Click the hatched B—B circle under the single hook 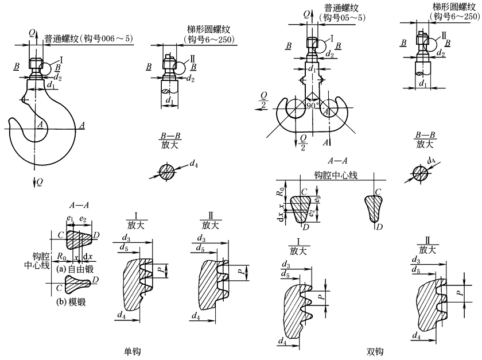click(x=166, y=171)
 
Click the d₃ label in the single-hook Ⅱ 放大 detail click(x=201, y=238)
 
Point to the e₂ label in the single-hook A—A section click(x=83, y=219)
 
